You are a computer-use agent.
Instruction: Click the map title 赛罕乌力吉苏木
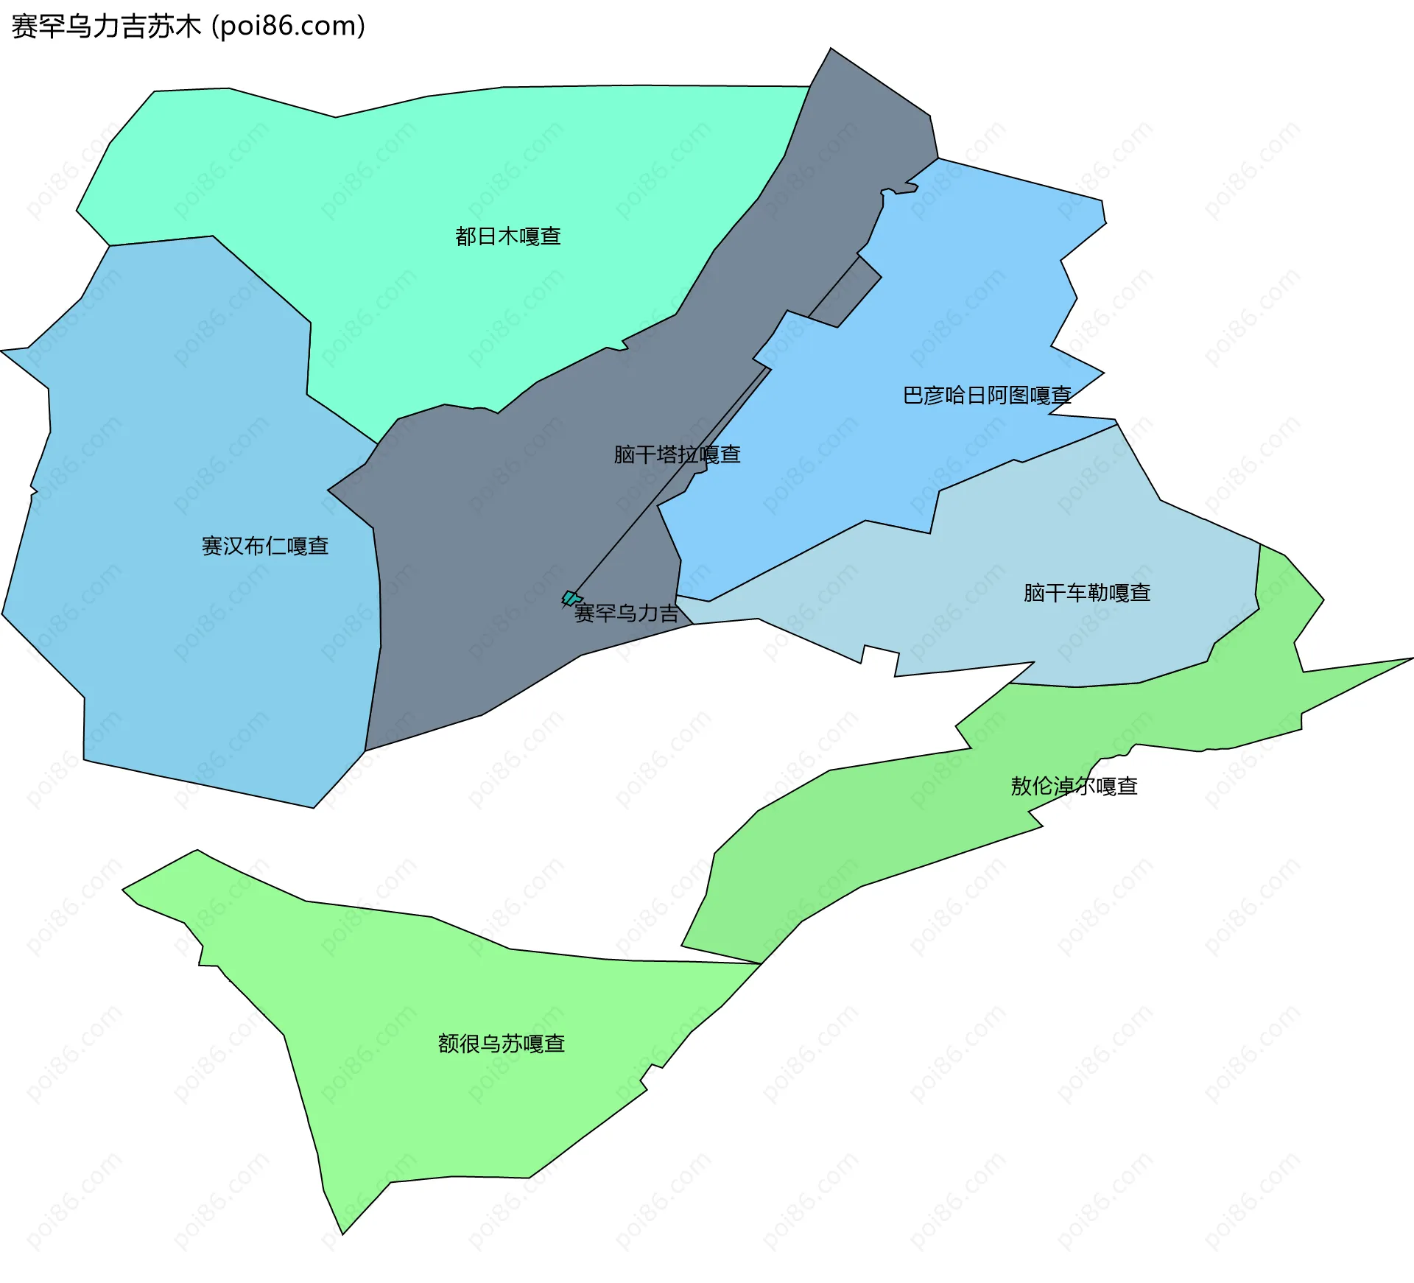click(106, 27)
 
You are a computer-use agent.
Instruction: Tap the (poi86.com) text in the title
click(288, 27)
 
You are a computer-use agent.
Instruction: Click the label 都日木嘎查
click(508, 236)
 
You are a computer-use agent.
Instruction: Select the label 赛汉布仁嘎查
click(265, 546)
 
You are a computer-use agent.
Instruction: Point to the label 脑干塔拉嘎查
click(677, 454)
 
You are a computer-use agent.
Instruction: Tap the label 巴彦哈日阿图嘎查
click(987, 396)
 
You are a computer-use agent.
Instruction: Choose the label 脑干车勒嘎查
click(1087, 593)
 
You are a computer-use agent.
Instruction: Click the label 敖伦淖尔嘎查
click(1074, 786)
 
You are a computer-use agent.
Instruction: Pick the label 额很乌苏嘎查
click(502, 1044)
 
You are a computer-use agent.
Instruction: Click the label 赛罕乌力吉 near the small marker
click(627, 613)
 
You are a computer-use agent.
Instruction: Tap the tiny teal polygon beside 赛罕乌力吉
click(570, 597)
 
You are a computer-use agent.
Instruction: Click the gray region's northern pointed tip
click(831, 50)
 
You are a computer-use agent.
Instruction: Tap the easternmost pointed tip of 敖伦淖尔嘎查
click(1410, 658)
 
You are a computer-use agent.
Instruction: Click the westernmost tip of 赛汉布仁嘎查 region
click(2, 351)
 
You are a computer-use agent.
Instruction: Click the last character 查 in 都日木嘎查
click(551, 236)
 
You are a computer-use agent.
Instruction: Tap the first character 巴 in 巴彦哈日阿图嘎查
click(913, 396)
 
